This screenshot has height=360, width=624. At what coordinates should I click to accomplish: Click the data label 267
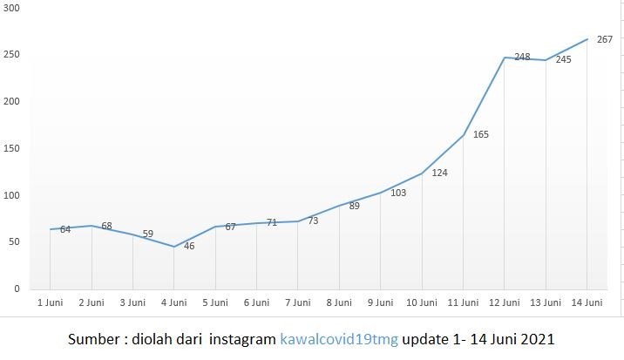click(605, 39)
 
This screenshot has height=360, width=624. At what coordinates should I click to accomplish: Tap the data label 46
click(189, 247)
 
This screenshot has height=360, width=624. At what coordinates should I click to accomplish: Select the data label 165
click(480, 135)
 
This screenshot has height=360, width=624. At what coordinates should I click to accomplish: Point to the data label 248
click(522, 58)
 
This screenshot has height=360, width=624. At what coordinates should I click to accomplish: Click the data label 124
click(439, 173)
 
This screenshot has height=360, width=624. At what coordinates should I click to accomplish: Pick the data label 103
click(398, 193)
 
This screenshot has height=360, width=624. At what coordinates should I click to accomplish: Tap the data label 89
click(355, 207)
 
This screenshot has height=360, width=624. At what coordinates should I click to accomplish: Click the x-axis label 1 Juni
click(50, 303)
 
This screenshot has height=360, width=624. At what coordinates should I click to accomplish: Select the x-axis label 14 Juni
click(587, 303)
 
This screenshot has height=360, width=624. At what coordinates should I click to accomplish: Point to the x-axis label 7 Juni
click(298, 303)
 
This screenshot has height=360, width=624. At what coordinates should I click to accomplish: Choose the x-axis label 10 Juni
click(422, 303)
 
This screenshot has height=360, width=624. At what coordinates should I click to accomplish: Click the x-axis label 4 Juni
click(173, 303)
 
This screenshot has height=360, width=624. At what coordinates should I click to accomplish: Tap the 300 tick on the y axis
click(12, 8)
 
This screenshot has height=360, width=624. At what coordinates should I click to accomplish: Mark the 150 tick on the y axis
click(12, 148)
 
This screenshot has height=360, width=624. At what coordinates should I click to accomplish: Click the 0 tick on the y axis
click(17, 289)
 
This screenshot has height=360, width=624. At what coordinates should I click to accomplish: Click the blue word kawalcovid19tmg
click(338, 338)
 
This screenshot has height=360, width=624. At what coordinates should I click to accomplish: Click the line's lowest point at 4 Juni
click(173, 247)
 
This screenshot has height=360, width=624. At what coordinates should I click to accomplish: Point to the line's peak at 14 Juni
click(587, 39)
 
